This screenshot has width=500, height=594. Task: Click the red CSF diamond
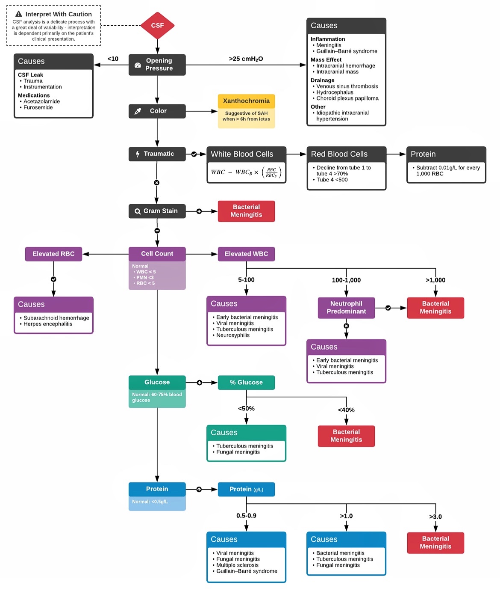[157, 25]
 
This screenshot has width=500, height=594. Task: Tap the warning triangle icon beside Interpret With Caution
[19, 14]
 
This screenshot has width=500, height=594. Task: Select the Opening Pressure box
[157, 65]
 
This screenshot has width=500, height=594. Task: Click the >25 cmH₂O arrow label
[246, 59]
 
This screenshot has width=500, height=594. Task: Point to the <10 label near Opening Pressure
[113, 59]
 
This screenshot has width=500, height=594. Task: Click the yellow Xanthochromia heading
[246, 101]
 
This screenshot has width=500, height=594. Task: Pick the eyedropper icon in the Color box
[138, 111]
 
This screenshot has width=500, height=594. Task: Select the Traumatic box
[157, 154]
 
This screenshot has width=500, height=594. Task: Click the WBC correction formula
[246, 172]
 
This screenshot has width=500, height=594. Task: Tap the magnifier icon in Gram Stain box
[138, 211]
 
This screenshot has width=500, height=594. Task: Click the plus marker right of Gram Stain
[199, 211]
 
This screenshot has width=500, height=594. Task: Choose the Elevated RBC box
[53, 254]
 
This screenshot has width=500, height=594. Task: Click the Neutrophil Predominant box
[346, 308]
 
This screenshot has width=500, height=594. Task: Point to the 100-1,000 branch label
[346, 280]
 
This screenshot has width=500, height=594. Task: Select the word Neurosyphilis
[233, 336]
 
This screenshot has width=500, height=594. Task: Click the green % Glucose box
[246, 383]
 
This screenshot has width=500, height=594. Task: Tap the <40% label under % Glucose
[346, 410]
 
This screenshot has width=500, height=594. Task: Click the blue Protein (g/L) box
[246, 489]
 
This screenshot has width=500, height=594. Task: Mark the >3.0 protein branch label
[435, 517]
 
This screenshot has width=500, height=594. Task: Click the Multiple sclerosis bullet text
[237, 565]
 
